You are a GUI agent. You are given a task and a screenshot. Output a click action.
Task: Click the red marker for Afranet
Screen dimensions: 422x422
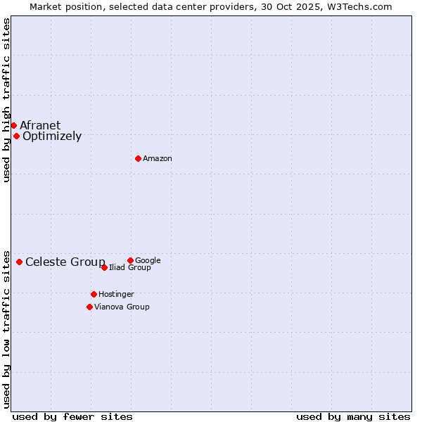pyautogui.click(x=13, y=125)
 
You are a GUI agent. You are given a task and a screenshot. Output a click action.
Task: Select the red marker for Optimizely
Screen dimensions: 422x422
pyautogui.click(x=16, y=136)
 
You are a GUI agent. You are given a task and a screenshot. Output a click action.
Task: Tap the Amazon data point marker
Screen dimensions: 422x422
pyautogui.click(x=138, y=158)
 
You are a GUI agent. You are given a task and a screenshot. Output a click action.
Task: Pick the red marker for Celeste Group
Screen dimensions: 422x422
pyautogui.click(x=19, y=262)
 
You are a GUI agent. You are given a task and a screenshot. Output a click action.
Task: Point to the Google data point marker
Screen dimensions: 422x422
pyautogui.click(x=130, y=260)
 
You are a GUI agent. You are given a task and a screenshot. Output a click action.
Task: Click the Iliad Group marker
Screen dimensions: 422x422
pyautogui.click(x=104, y=267)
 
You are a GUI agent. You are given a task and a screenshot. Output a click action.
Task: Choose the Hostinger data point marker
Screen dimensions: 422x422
pyautogui.click(x=94, y=294)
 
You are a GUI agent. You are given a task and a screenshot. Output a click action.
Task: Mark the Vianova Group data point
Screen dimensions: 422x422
pyautogui.click(x=89, y=307)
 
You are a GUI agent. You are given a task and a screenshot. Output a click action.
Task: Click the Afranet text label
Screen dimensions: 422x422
pyautogui.click(x=40, y=126)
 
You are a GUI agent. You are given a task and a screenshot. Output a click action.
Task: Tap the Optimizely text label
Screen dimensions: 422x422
pyautogui.click(x=52, y=136)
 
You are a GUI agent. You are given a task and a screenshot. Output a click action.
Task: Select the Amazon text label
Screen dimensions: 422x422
pyautogui.click(x=158, y=159)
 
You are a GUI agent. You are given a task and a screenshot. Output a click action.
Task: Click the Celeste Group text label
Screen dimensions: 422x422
pyautogui.click(x=65, y=262)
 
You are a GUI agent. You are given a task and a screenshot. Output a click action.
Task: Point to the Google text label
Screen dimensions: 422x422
pyautogui.click(x=148, y=261)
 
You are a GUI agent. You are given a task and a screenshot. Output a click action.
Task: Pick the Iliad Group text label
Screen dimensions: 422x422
pyautogui.click(x=130, y=268)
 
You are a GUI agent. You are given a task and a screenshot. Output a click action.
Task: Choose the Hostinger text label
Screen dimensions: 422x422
pyautogui.click(x=116, y=295)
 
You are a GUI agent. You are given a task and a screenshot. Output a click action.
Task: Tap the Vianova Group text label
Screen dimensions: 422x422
pyautogui.click(x=122, y=307)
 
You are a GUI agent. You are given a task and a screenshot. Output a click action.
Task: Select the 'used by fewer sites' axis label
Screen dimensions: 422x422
pyautogui.click(x=72, y=416)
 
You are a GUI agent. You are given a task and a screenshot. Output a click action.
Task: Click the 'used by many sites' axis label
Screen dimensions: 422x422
pyautogui.click(x=353, y=416)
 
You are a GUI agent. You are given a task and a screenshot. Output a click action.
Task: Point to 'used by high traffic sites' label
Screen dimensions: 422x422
pyautogui.click(x=6, y=100)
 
